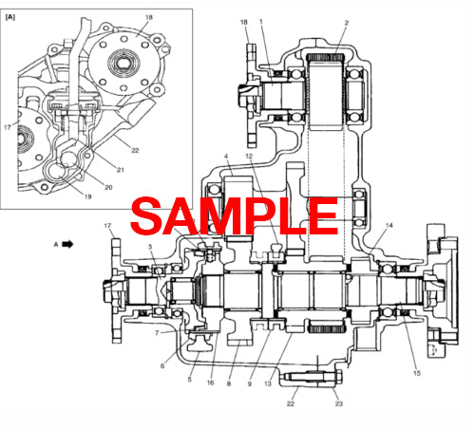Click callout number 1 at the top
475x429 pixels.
(261, 22)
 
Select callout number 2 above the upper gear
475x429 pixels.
(346, 22)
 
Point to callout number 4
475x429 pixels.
(225, 156)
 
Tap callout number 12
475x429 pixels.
(250, 156)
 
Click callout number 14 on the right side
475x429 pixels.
(389, 226)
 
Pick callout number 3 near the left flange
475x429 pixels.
(150, 247)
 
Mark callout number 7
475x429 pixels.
(156, 333)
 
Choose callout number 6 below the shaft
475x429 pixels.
(162, 365)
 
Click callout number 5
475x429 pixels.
(189, 380)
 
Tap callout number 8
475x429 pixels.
(229, 383)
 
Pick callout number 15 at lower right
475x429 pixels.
(416, 373)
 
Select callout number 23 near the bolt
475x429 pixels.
(337, 404)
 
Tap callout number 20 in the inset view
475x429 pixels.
(108, 187)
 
